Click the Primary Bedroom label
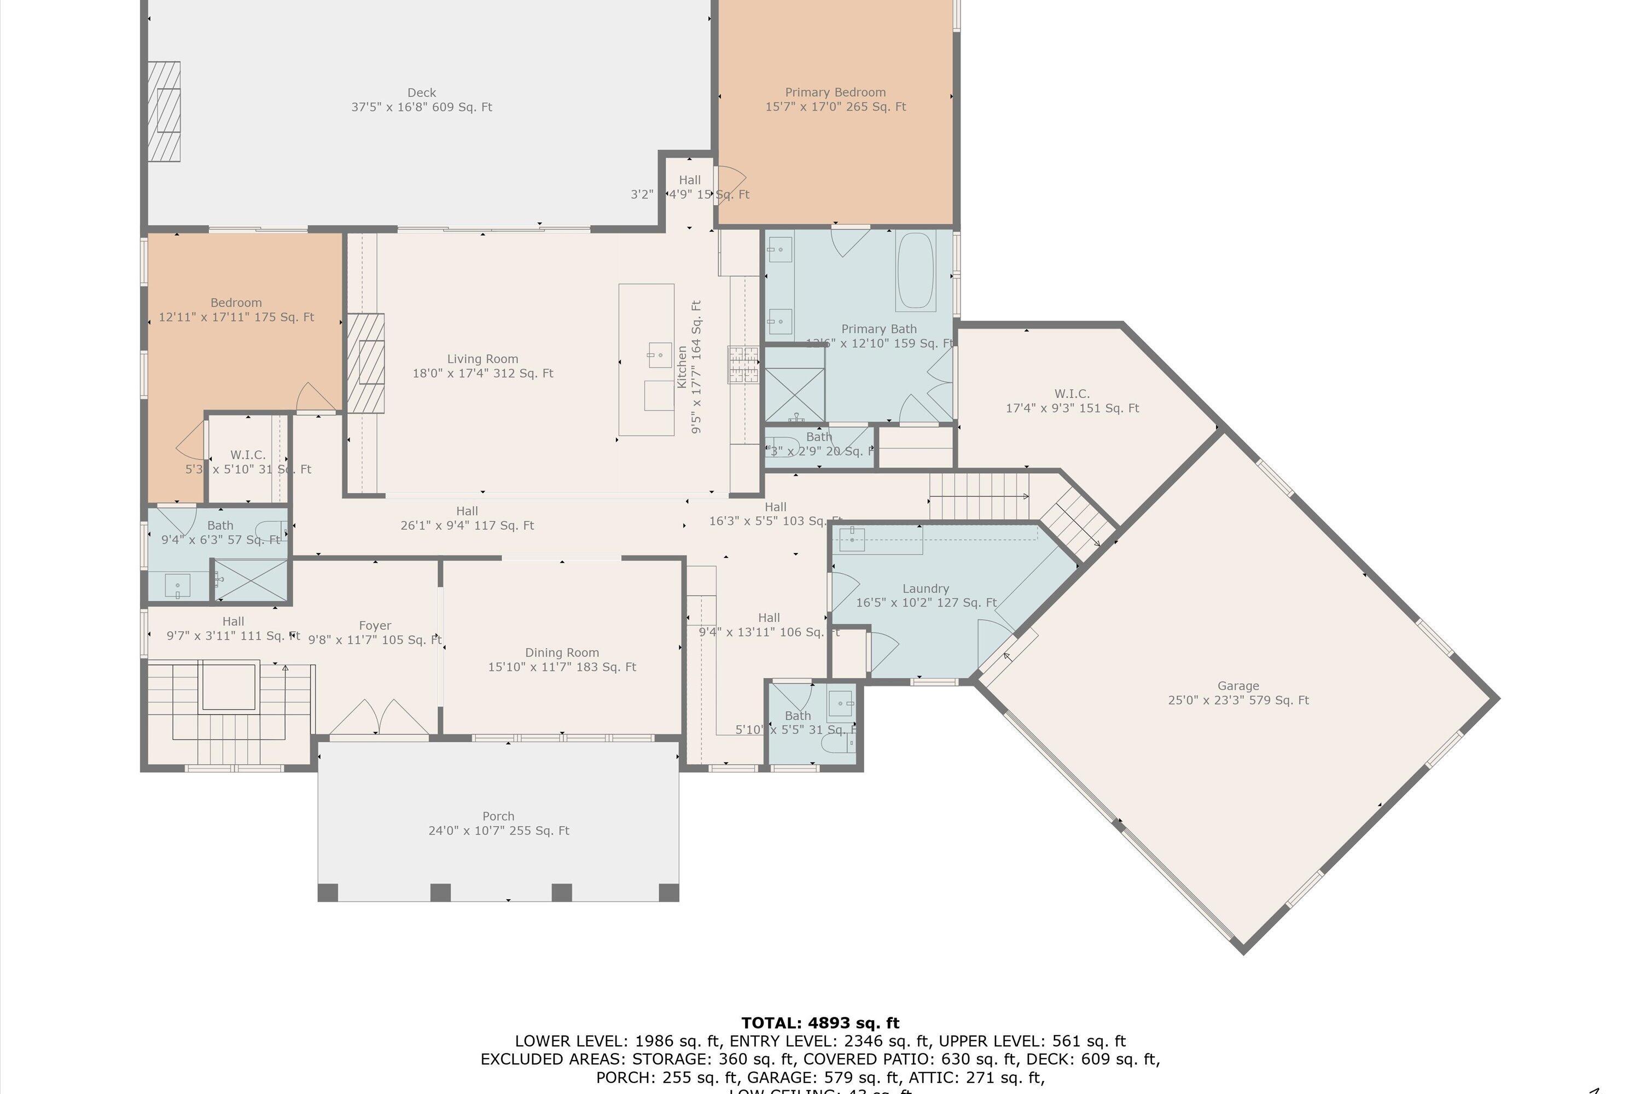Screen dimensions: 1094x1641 tap(835, 99)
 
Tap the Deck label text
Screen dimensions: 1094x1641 tap(421, 100)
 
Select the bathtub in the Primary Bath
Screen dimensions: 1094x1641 tap(915, 271)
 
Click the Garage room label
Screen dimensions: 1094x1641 tap(1238, 693)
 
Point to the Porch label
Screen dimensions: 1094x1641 tap(498, 823)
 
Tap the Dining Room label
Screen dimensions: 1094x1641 tap(562, 659)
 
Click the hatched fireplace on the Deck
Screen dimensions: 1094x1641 tap(164, 112)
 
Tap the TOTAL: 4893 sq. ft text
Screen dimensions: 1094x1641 tap(820, 1023)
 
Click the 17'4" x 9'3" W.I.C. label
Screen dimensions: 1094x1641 tap(1072, 400)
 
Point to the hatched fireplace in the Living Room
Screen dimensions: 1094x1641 tap(365, 363)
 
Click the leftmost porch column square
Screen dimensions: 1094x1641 tap(328, 892)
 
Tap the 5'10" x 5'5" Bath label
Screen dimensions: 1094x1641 tap(798, 723)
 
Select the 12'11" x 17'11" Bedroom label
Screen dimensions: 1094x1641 tap(236, 310)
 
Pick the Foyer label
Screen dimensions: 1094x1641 tap(375, 632)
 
